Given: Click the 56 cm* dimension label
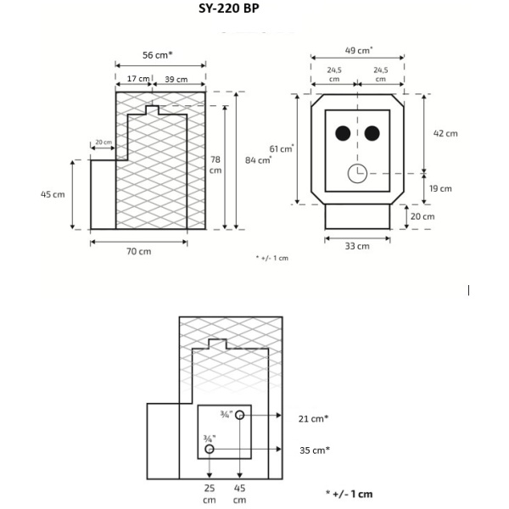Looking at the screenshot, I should click(158, 55).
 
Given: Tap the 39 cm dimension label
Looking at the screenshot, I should click(176, 78).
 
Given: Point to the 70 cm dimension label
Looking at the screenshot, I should click(139, 251).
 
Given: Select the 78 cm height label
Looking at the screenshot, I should click(217, 165).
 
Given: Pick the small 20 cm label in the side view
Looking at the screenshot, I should click(103, 142).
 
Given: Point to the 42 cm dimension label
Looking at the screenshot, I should click(445, 133).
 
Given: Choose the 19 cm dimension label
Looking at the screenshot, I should click(440, 188).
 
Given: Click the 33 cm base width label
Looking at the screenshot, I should click(357, 246).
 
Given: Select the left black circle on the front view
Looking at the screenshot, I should click(343, 133).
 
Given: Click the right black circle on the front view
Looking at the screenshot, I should click(372, 133).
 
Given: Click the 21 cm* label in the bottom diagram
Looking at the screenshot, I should click(314, 418).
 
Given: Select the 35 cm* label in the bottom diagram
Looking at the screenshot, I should click(314, 450).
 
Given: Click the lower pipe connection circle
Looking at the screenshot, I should click(210, 448).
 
